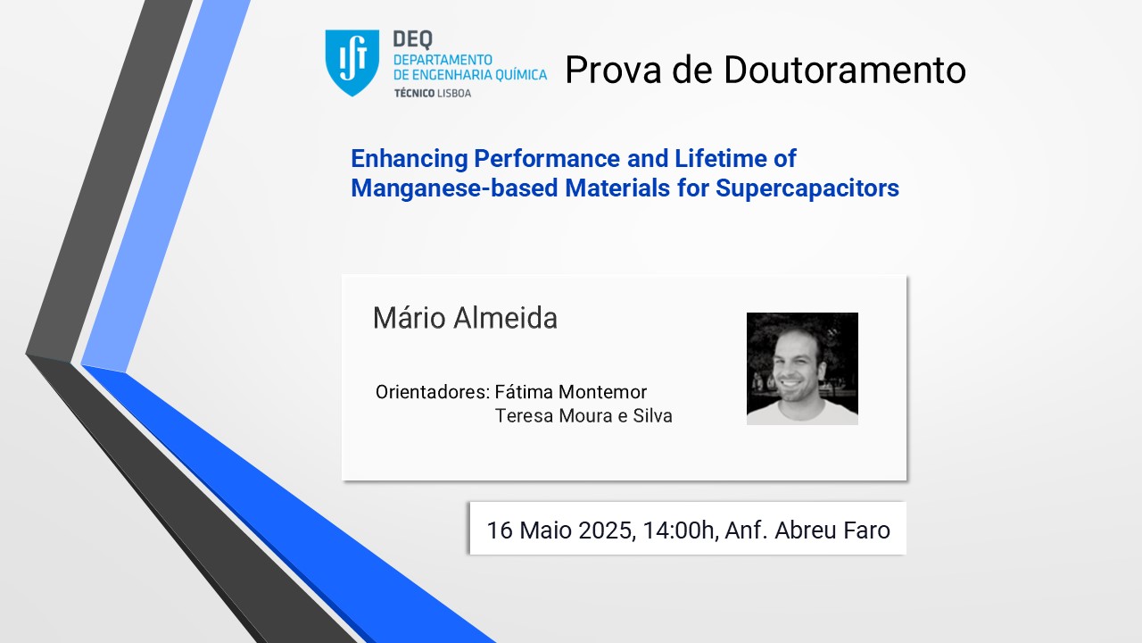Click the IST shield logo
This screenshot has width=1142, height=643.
point(352,63)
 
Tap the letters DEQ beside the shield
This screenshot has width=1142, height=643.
point(413,39)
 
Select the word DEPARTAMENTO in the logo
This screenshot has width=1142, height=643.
point(443,60)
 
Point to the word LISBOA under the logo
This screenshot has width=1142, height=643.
point(454,93)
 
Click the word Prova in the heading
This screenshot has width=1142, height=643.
point(613,70)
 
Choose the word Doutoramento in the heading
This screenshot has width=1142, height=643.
point(844,70)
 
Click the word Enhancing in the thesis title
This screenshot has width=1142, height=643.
point(410,159)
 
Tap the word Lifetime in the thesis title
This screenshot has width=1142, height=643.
point(720,158)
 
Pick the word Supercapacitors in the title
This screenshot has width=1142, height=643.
point(807,188)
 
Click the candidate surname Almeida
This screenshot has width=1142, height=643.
point(505,318)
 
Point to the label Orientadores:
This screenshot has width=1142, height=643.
point(433,392)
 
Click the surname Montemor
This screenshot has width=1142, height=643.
point(602,392)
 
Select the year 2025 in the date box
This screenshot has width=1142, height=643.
point(608,530)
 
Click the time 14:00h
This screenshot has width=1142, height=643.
point(680,530)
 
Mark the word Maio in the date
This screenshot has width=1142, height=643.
point(546,530)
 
